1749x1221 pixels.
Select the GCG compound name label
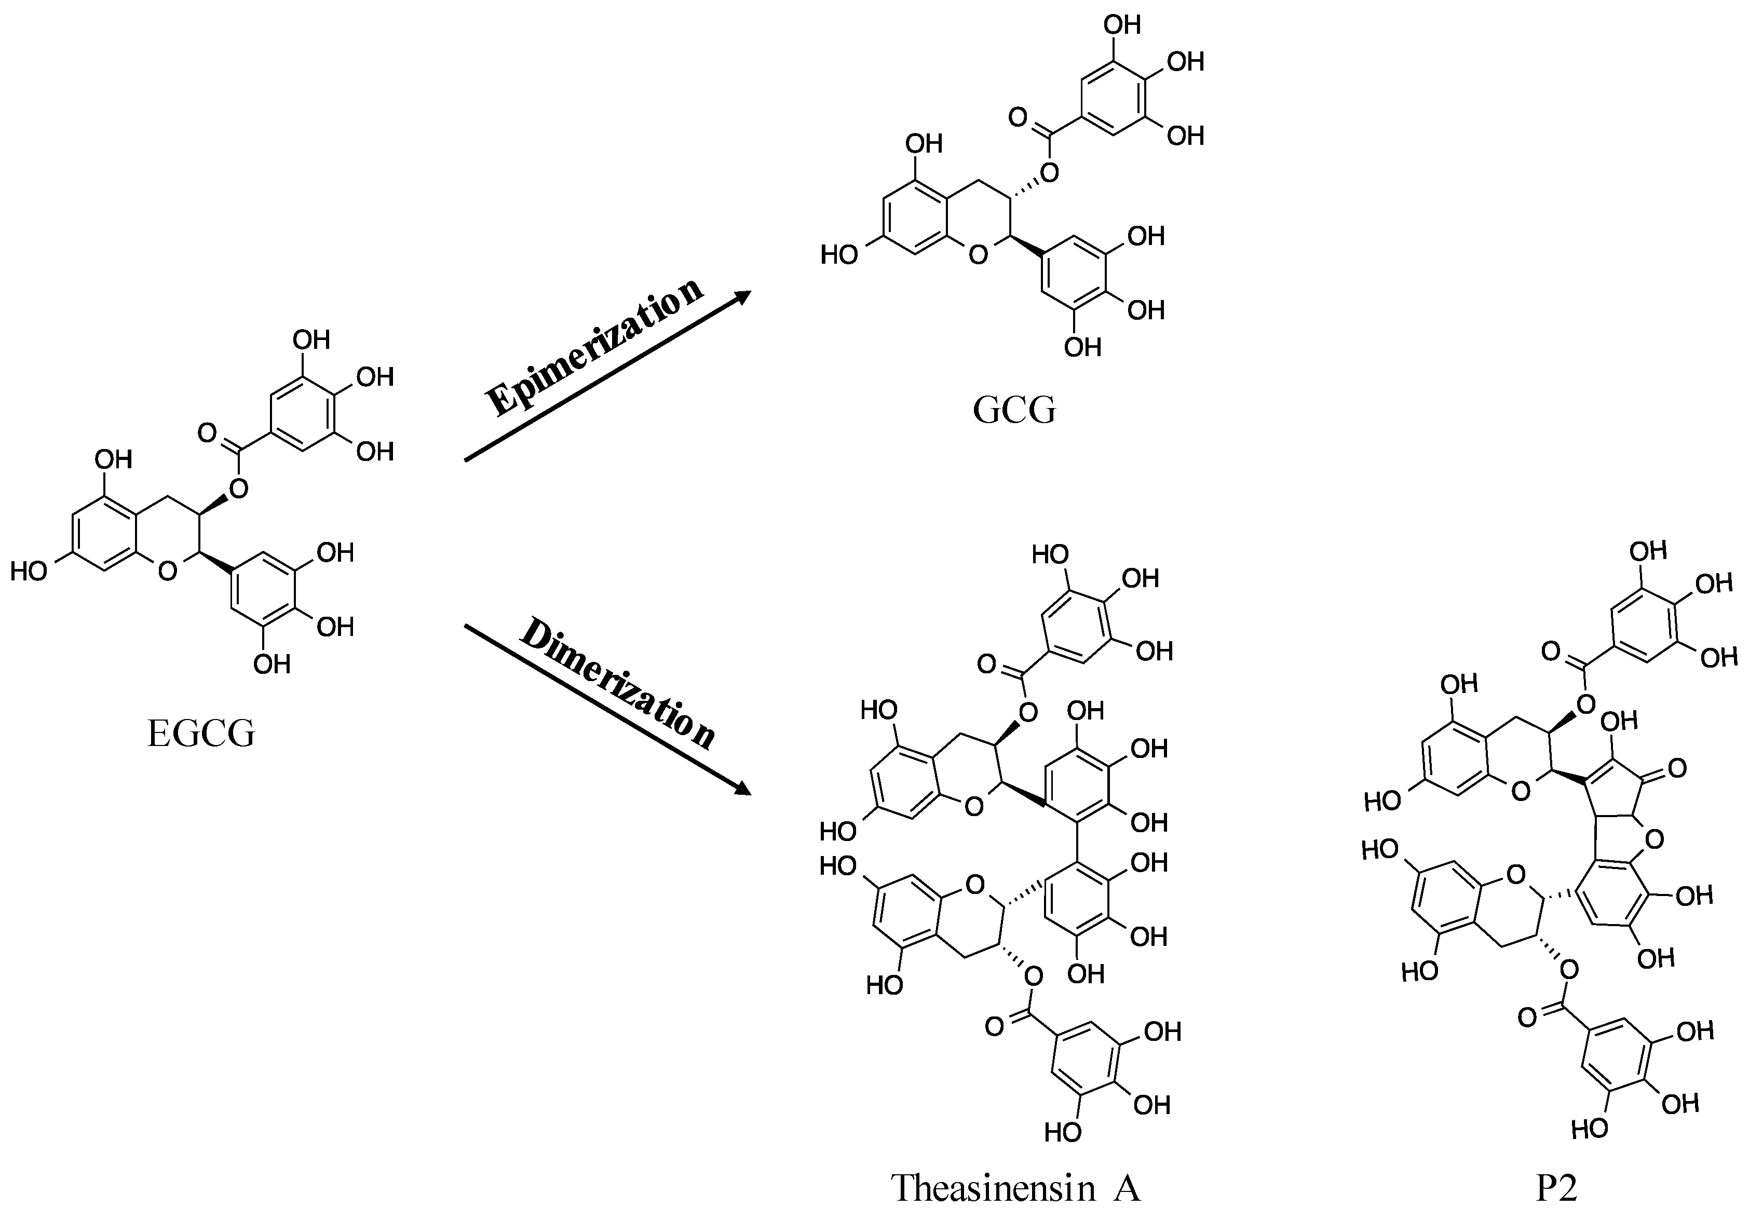[x=1014, y=410]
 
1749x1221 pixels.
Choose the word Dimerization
[x=617, y=683]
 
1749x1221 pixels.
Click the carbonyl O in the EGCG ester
[x=207, y=432]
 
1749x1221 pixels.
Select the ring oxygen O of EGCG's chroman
[x=168, y=570]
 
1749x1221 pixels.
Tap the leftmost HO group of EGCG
[x=29, y=571]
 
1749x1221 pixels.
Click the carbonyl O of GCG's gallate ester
[x=1018, y=117]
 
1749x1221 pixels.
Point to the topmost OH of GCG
[x=1121, y=25]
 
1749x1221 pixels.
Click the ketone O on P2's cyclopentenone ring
[x=1676, y=768]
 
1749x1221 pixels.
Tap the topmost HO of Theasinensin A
[x=1050, y=554]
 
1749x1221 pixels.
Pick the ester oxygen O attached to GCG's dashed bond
[x=1049, y=174]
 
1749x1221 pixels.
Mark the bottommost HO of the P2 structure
[x=1590, y=1128]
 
